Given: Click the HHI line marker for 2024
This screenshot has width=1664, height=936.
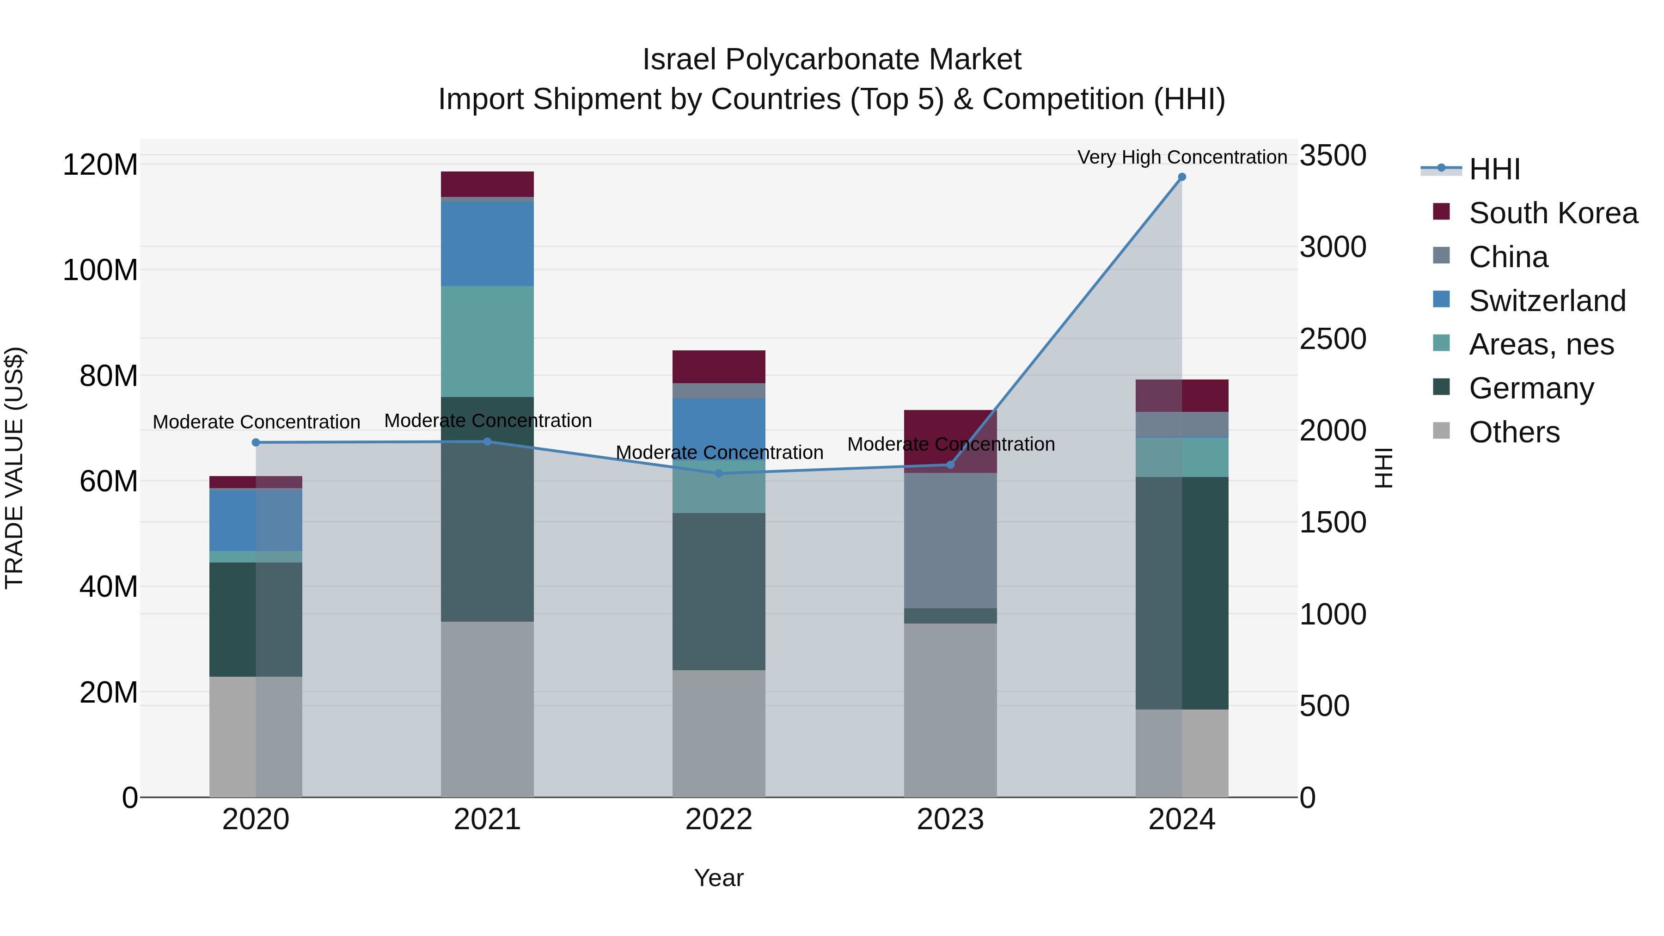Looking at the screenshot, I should point(1181,177).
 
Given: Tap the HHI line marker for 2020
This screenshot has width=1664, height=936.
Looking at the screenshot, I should point(256,442).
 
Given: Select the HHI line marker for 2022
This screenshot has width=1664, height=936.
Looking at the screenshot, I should point(719,473).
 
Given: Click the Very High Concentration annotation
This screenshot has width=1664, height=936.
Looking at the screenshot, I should point(1181,157).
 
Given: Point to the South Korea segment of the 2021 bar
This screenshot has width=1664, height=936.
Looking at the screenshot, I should point(487,184).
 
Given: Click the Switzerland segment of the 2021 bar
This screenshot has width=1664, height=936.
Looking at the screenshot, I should point(487,244).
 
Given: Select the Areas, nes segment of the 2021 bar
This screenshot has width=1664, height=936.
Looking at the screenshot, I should point(487,341).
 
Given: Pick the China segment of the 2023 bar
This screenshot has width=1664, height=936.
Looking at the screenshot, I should point(950,540).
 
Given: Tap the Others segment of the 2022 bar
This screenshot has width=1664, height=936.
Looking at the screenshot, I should point(719,733).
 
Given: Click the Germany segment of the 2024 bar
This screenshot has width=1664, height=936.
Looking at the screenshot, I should point(1181,593).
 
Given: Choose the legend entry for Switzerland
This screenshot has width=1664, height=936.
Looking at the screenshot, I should point(1547,301).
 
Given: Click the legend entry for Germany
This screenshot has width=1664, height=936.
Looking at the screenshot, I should point(1531,388).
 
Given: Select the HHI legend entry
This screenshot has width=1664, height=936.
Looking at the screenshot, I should point(1494,169).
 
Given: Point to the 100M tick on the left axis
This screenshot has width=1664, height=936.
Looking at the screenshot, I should point(100,270).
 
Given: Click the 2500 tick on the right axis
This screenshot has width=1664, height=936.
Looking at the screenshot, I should point(1333,339).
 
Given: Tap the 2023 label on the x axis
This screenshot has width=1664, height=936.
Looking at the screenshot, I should point(950,820).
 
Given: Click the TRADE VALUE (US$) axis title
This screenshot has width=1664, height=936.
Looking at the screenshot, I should point(14,468).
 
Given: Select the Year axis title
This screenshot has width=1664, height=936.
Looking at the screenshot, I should point(718,878).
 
